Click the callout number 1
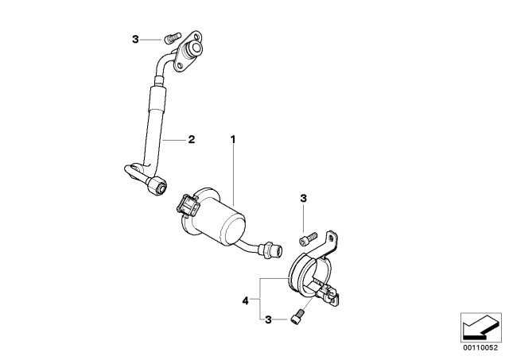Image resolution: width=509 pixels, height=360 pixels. click(x=233, y=139)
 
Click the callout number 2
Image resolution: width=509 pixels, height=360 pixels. click(x=192, y=140)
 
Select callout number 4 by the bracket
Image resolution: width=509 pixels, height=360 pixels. click(x=245, y=301)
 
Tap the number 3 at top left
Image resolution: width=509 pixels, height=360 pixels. click(x=135, y=40)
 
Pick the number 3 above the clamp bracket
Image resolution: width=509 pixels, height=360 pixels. click(x=303, y=198)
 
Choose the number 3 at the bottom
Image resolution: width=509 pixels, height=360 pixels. click(x=268, y=319)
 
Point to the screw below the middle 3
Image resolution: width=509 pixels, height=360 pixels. click(x=307, y=238)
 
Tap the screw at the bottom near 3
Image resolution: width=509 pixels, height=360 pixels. click(x=297, y=316)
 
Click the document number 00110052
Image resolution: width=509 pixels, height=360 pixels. click(x=480, y=347)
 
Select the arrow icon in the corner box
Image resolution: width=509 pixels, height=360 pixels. click(x=480, y=327)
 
